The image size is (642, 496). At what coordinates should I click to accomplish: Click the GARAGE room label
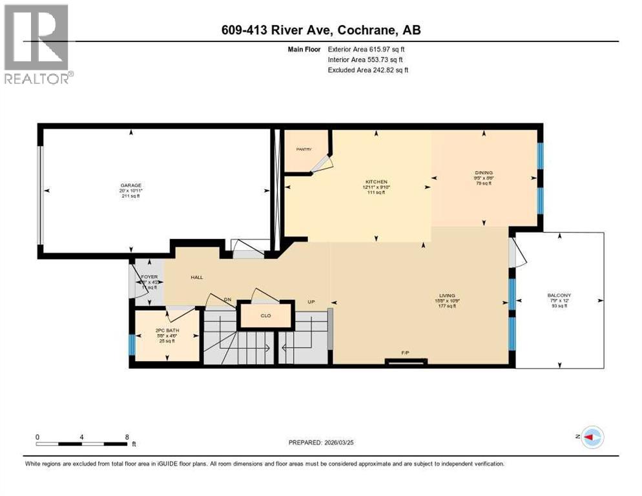click(130, 185)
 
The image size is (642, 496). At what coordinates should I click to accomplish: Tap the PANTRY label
click(304, 149)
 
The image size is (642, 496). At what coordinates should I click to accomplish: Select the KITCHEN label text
click(375, 182)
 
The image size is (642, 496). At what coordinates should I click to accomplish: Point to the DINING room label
click(484, 172)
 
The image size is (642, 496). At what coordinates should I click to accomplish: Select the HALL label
click(197, 277)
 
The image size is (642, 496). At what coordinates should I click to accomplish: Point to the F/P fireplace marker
click(406, 353)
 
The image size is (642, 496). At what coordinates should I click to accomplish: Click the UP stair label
click(311, 302)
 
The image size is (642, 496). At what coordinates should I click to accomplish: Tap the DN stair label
click(227, 300)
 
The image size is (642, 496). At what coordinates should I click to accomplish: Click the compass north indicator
click(592, 437)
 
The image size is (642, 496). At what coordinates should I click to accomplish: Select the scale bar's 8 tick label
click(126, 437)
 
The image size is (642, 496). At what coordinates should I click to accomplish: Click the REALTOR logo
click(37, 43)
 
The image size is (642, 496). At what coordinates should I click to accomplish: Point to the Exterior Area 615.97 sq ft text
click(367, 49)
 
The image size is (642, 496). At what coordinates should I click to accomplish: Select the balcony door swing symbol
click(518, 254)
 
